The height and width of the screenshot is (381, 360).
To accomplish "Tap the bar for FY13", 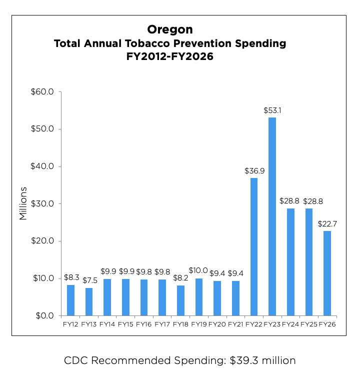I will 89,301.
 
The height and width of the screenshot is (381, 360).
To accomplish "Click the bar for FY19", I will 199,297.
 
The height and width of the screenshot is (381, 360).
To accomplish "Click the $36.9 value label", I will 254,171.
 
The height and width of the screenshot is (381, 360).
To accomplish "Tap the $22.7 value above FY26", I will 327,224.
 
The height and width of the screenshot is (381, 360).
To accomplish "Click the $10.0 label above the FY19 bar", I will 198,270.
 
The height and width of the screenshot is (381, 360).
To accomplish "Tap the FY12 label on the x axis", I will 70,325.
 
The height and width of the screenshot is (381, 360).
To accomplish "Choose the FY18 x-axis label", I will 180,325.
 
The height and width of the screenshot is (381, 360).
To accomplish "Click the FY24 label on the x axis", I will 290,325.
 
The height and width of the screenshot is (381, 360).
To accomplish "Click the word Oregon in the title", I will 170,30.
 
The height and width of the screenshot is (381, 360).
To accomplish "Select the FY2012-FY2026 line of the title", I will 170,57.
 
